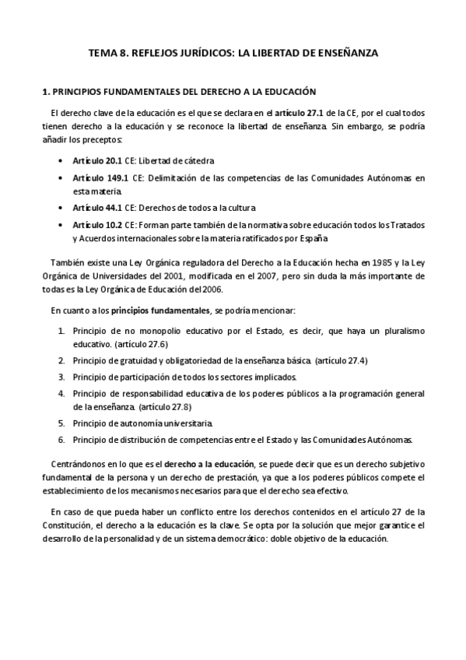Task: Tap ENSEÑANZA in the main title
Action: click(x=342, y=53)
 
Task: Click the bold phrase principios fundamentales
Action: click(x=161, y=310)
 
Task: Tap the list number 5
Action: click(x=61, y=423)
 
